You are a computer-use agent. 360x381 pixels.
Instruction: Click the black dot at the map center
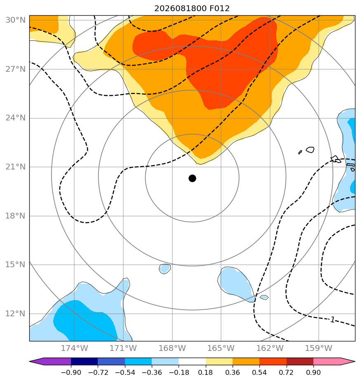[192, 179]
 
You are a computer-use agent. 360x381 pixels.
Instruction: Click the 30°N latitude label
[15, 20]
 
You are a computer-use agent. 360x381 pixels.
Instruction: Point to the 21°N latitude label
[15, 167]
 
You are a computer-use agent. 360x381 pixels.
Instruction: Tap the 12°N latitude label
[15, 314]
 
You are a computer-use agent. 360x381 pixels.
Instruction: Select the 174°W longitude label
[74, 348]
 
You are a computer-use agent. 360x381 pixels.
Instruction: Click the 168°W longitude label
[172, 348]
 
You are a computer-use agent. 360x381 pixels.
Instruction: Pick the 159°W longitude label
[319, 348]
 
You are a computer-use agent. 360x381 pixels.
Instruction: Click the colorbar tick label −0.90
[71, 372]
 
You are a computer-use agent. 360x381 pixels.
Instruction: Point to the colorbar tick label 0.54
[259, 372]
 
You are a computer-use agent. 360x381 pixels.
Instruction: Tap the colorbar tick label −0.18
[179, 372]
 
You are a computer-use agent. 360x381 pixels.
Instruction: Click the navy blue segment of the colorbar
[85, 361]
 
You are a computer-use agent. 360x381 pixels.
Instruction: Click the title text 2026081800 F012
[192, 9]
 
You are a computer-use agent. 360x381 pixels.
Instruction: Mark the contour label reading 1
[332, 320]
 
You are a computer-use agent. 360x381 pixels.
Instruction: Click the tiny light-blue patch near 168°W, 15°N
[165, 269]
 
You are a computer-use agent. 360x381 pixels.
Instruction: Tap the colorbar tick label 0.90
[313, 372]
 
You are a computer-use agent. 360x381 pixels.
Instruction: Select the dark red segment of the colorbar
[300, 361]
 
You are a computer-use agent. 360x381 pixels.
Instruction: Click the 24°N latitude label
[15, 118]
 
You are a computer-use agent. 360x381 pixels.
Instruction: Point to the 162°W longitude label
[270, 348]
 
